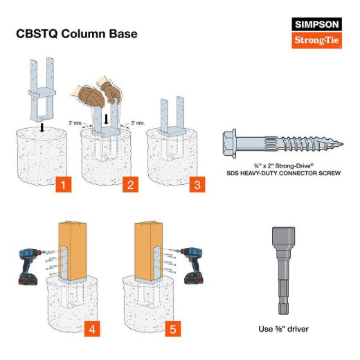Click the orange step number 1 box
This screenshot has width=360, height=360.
click(x=64, y=185)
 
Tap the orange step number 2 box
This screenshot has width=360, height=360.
click(x=129, y=185)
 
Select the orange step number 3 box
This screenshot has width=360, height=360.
click(x=197, y=185)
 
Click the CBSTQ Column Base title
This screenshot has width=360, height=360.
click(x=76, y=34)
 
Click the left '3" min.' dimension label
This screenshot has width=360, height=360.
click(x=77, y=123)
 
